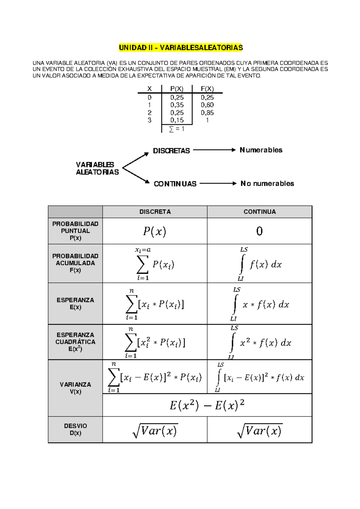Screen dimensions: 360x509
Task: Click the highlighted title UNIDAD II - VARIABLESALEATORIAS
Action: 181,48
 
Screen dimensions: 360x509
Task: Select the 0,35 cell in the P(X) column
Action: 177,105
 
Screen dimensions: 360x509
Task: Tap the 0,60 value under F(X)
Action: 207,105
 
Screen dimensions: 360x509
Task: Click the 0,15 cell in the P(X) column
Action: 177,120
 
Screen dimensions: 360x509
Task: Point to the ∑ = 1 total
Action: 177,129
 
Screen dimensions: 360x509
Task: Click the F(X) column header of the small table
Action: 207,89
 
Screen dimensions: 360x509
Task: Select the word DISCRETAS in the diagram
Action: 171,151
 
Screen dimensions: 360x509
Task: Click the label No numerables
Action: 267,183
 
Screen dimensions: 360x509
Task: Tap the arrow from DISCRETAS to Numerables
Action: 214,150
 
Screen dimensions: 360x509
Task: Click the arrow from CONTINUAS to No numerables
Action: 218,183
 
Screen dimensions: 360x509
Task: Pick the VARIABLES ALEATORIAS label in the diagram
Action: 97,168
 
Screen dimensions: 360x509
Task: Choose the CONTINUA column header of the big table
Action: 259,212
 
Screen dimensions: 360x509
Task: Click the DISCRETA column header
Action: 155,212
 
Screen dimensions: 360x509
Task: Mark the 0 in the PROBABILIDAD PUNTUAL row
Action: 259,231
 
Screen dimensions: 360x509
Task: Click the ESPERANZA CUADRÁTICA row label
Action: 75,342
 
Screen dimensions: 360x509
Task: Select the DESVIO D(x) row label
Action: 75,429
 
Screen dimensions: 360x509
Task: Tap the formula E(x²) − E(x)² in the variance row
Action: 207,405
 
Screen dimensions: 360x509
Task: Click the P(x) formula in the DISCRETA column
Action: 154,231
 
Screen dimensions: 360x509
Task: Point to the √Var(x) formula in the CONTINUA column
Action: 259,431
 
